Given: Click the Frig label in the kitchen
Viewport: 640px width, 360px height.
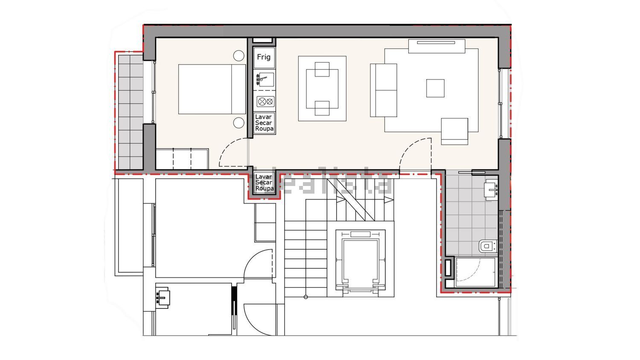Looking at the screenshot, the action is pyautogui.click(x=263, y=57).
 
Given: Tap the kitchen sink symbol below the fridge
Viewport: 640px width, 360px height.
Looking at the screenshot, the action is pyautogui.click(x=265, y=79).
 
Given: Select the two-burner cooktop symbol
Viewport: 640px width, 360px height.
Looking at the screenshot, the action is pyautogui.click(x=265, y=102).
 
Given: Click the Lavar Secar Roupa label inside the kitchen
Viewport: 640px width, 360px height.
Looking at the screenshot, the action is pyautogui.click(x=264, y=123).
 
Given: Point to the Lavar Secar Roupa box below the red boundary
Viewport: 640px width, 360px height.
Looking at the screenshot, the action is pyautogui.click(x=264, y=183).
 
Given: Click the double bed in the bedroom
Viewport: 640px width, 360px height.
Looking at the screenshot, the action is pyautogui.click(x=212, y=89).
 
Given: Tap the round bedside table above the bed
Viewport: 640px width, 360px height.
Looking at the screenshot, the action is pyautogui.click(x=239, y=56).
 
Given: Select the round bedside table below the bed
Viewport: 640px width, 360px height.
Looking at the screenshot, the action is pyautogui.click(x=239, y=122).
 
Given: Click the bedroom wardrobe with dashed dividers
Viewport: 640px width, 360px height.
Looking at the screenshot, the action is pyautogui.click(x=182, y=159).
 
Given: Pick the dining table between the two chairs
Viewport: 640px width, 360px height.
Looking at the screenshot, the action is pyautogui.click(x=322, y=89).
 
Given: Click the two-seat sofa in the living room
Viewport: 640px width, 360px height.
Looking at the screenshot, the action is pyautogui.click(x=384, y=90).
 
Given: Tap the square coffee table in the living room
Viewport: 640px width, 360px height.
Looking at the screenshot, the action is pyautogui.click(x=435, y=88).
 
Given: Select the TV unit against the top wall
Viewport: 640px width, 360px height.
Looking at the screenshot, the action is pyautogui.click(x=436, y=46).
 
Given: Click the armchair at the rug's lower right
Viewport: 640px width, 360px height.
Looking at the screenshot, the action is pyautogui.click(x=454, y=131).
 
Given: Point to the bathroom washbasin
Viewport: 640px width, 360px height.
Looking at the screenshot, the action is pyautogui.click(x=491, y=189).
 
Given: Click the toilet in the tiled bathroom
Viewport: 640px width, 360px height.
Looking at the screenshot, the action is pyautogui.click(x=488, y=246).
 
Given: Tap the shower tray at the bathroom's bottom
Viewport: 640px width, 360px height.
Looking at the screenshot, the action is pyautogui.click(x=475, y=272).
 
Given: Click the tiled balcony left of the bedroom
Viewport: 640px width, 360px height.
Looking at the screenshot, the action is pyautogui.click(x=131, y=112).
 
